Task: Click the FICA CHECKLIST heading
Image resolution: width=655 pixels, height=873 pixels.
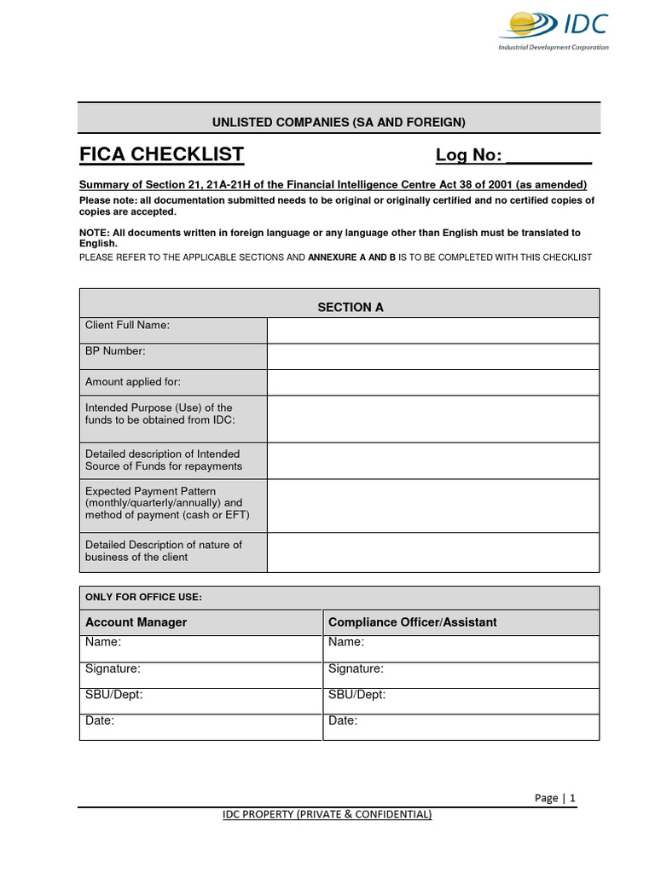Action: click(x=161, y=154)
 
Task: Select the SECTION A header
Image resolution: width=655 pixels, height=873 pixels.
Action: click(x=339, y=307)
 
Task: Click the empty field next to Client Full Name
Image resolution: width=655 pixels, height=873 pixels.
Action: click(x=432, y=330)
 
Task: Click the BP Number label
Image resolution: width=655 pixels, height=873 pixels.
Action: click(x=115, y=351)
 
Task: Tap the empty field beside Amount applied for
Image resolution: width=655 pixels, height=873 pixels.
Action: click(x=432, y=382)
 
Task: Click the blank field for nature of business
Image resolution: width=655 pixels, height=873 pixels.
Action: click(x=432, y=551)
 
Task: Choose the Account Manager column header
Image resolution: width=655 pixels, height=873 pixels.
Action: click(x=136, y=622)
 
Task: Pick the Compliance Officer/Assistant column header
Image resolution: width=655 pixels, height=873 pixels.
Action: click(x=412, y=622)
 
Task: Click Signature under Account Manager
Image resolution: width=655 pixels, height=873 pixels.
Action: click(x=113, y=669)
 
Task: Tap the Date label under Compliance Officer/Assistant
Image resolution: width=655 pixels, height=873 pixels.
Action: click(x=342, y=721)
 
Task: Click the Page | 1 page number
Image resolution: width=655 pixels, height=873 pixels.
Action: click(x=555, y=798)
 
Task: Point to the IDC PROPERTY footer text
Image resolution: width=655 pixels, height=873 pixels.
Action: click(x=327, y=815)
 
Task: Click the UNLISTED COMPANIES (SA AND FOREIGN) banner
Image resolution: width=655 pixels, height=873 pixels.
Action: click(x=339, y=123)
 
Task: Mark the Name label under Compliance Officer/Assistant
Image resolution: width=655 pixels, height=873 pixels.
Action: click(x=346, y=642)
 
